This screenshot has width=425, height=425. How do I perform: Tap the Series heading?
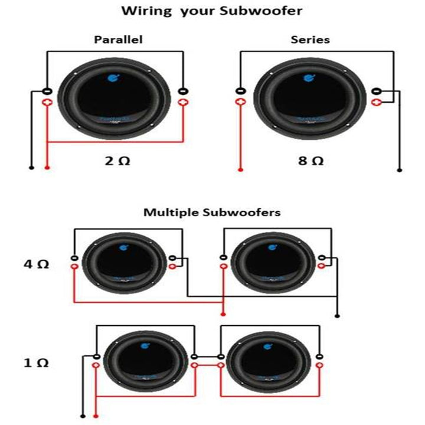(x=310, y=40)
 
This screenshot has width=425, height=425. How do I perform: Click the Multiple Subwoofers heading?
(x=212, y=212)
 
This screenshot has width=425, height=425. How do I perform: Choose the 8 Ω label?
(x=310, y=161)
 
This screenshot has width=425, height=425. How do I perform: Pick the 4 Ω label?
(x=36, y=264)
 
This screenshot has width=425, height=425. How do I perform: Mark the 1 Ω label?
(x=36, y=363)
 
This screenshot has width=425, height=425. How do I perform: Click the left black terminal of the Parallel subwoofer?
(x=47, y=91)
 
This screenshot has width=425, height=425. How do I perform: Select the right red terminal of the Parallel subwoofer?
(x=183, y=102)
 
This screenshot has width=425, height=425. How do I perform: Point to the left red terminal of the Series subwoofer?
(x=240, y=102)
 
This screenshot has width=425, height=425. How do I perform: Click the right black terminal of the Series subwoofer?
(x=377, y=91)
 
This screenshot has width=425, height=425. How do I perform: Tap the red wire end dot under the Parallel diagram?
(x=47, y=168)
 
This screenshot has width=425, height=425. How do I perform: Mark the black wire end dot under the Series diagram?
(x=400, y=170)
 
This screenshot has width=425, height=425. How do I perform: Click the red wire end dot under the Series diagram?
(x=240, y=170)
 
